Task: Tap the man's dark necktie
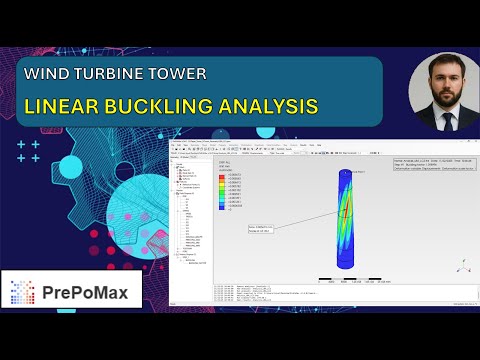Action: pyautogui.click(x=443, y=120)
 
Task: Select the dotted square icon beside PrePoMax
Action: pyautogui.click(x=23, y=292)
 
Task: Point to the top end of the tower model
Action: pyautogui.click(x=345, y=171)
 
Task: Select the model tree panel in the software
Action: pyautogui.click(x=190, y=220)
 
